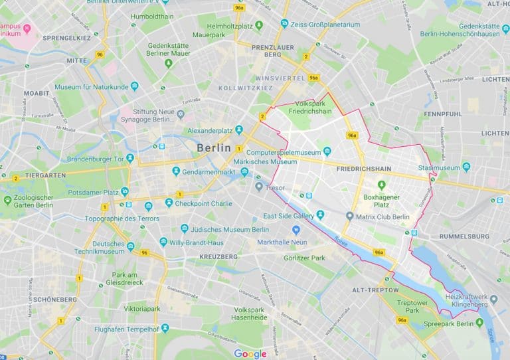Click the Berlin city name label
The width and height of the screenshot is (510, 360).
click(214, 147)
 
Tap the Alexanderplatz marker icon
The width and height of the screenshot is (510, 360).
click(239, 129)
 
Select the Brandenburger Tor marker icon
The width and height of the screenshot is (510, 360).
click(130, 158)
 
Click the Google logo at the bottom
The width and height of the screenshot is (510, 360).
click(250, 353)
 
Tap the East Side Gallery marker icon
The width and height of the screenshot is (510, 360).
click(320, 215)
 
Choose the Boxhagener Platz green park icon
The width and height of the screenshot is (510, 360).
click(381, 185)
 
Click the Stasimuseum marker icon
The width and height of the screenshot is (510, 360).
click(466, 167)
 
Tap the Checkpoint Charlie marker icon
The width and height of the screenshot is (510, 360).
click(169, 203)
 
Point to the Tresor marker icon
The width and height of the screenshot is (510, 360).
click(259, 187)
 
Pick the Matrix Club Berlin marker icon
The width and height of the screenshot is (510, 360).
click(350, 216)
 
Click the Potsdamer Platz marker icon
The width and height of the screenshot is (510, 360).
click(125, 191)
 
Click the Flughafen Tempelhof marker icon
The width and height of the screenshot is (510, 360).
click(165, 327)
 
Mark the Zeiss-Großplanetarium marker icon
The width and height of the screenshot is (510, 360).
click(284, 24)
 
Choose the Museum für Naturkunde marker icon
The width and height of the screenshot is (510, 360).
click(135, 86)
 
